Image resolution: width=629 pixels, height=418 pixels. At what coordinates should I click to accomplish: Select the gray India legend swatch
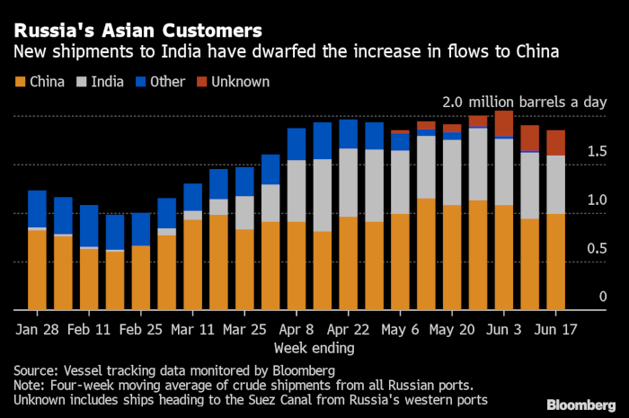pyautogui.click(x=84, y=82)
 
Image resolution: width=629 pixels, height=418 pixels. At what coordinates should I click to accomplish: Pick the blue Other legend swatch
pyautogui.click(x=140, y=82)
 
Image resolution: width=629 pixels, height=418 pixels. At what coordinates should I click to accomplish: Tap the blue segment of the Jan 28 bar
pyautogui.click(x=37, y=209)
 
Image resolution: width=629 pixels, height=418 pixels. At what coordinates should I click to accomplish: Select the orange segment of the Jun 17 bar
pyautogui.click(x=556, y=261)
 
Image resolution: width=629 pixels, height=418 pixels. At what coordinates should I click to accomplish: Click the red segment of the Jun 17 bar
pyautogui.click(x=556, y=143)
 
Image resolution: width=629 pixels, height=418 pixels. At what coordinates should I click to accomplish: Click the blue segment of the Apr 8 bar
pyautogui.click(x=297, y=144)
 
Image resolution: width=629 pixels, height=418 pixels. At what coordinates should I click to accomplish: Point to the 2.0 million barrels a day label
pyautogui.click(x=524, y=102)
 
